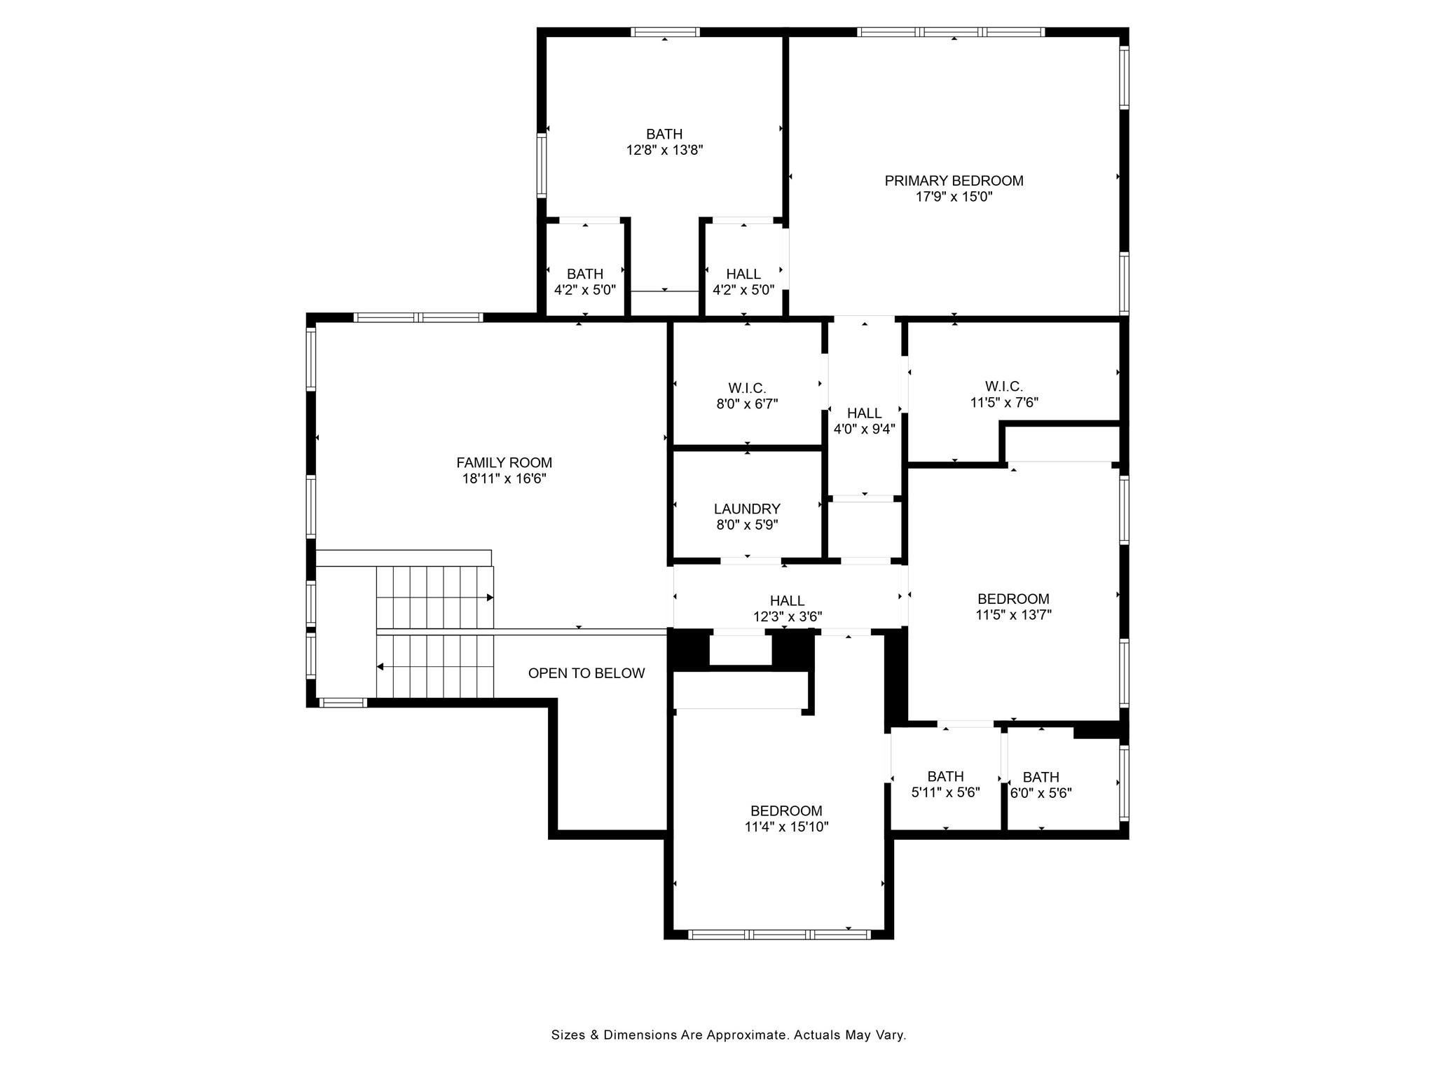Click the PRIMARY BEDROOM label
coord(954,181)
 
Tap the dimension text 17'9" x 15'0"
coord(954,197)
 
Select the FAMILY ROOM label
coord(504,462)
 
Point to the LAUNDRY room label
coord(747,509)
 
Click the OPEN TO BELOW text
coord(586,673)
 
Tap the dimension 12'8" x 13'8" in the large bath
coord(664,150)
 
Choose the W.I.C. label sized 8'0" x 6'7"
coord(747,387)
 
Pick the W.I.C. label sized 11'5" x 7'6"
coord(1003,386)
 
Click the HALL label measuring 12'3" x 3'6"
coord(787,600)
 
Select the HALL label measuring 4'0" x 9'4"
coord(864,413)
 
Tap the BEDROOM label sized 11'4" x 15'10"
coord(786,811)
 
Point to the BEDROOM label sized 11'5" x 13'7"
coord(1013,598)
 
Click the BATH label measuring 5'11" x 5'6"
coord(945,776)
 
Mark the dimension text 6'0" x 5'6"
coord(1041,793)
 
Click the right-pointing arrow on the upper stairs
coord(490,598)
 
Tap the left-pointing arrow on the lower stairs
coord(380,667)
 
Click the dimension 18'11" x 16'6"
coord(504,478)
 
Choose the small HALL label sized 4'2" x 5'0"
coord(743,274)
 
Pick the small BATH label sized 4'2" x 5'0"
coord(584,274)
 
